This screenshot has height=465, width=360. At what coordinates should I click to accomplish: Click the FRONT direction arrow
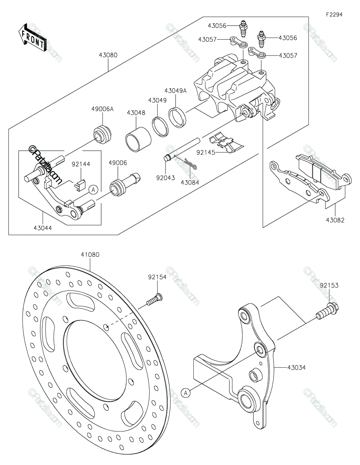point(32,38)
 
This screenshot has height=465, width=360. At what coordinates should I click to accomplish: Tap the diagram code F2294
point(334,15)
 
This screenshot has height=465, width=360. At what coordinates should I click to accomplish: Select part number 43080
point(108,55)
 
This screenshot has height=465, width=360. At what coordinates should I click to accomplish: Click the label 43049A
point(176,91)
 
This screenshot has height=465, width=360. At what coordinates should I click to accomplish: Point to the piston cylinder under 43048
point(138,140)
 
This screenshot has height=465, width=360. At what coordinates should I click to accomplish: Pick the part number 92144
point(81,164)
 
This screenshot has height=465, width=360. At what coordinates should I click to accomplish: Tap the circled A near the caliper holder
point(93,189)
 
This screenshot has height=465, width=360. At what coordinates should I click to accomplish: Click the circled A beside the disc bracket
point(186,393)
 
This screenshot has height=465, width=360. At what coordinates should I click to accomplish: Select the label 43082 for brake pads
point(335,220)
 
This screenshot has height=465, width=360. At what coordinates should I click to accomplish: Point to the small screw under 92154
point(154,300)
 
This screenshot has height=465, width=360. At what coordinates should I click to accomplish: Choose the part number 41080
point(90,255)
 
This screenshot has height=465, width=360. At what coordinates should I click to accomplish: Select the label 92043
point(165,177)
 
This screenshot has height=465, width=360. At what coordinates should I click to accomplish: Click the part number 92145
point(206,152)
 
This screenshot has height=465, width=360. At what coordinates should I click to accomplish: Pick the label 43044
point(43,228)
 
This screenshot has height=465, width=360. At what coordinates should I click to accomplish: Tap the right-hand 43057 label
point(288,56)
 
